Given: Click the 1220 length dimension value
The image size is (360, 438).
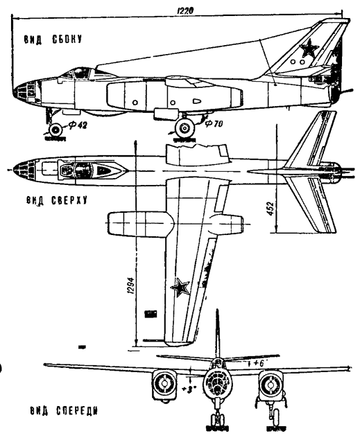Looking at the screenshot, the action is pos(185,10).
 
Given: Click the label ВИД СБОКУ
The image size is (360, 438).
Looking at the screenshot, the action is pos(53,40).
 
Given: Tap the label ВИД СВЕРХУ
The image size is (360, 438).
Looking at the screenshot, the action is pos(57,200).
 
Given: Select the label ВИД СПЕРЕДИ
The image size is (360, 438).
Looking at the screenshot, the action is pos(64,411).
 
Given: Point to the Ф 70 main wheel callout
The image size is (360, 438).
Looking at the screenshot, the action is pos(214,123).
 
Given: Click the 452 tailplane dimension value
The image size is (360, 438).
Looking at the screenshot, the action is pos(271,208).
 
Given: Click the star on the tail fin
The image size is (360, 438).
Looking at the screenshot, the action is pos(309,48).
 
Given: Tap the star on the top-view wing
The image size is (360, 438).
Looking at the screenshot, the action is pos(180,287).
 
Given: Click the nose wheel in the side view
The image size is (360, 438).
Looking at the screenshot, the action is pos(55,130).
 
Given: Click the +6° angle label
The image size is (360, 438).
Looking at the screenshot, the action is pos(258,363).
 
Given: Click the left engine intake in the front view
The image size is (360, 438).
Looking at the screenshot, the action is pos(164,385).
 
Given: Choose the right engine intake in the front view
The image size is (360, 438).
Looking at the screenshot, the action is pos(271,385).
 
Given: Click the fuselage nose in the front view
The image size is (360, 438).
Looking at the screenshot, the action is pos(218,383).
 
